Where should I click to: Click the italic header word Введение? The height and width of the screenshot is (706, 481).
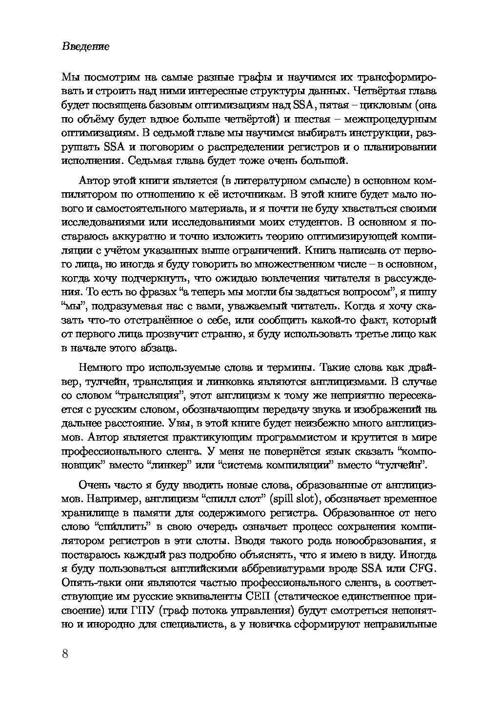tap(85, 47)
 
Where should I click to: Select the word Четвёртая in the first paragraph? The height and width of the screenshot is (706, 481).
tap(375, 91)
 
